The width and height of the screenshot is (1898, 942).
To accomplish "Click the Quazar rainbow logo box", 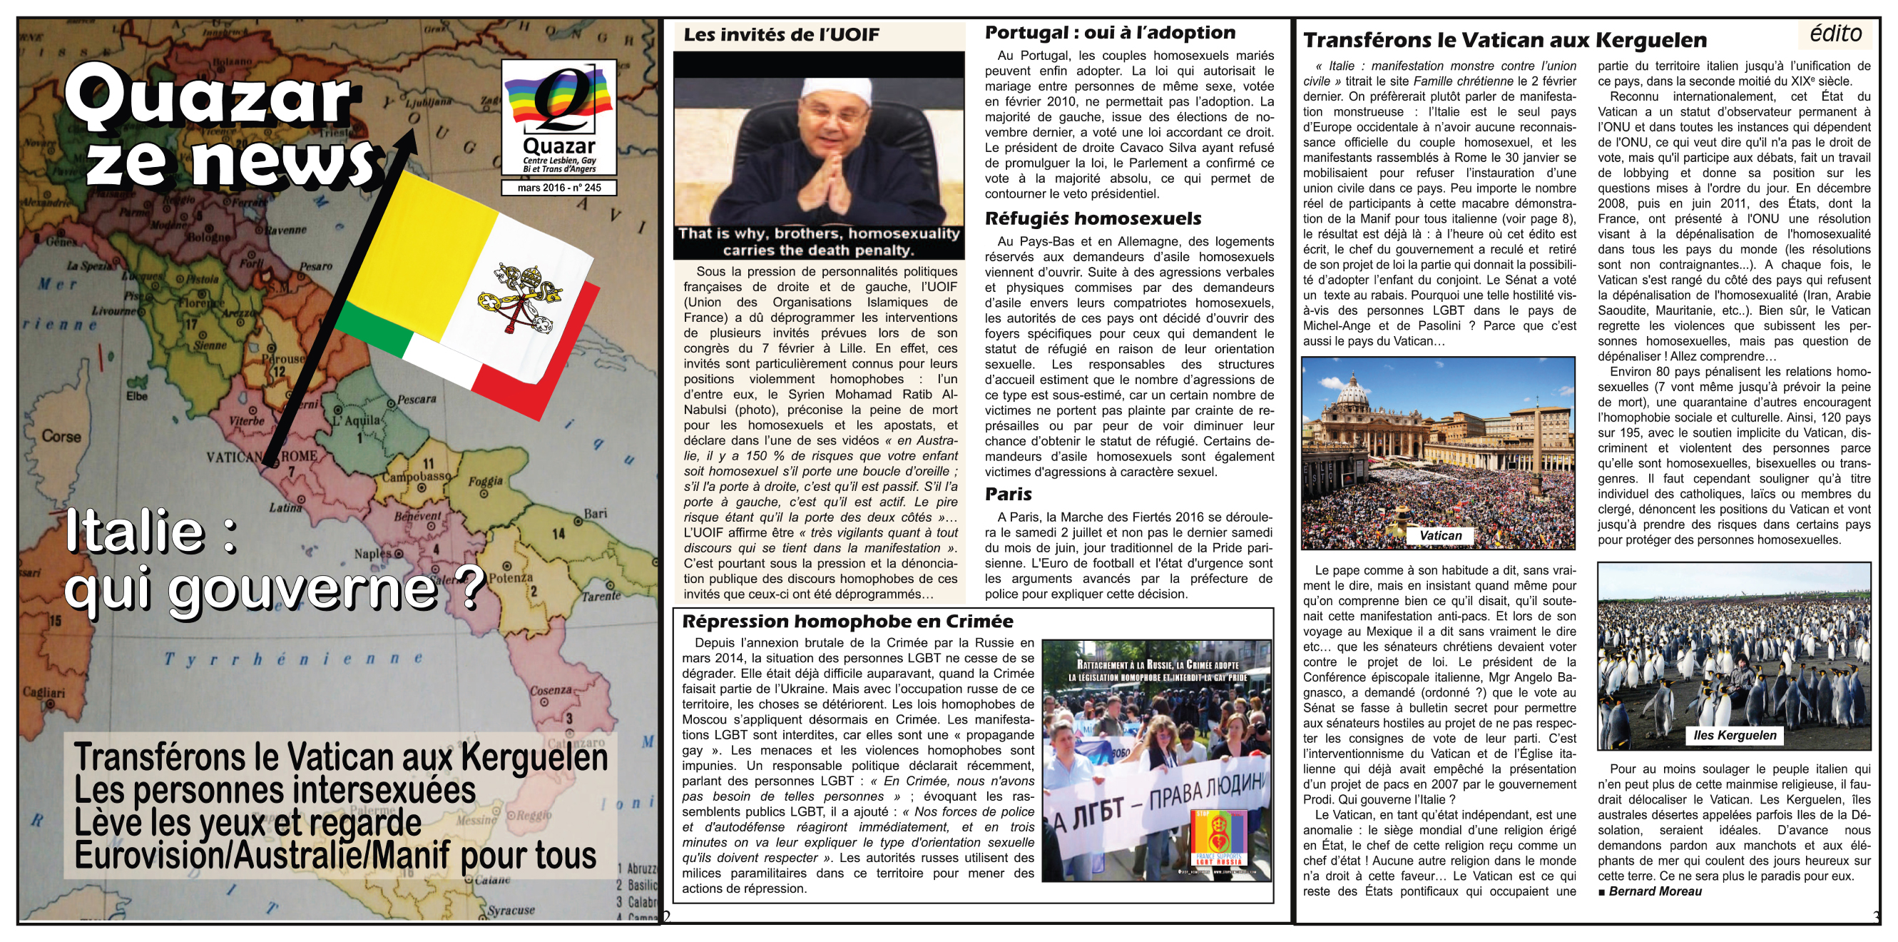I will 558,116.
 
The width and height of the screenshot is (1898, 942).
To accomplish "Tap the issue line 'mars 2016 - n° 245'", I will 558,188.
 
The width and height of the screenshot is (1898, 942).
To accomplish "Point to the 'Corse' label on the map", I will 61,435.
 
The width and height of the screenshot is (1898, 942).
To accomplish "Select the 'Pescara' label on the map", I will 417,400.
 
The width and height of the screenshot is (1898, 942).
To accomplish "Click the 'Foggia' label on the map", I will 486,481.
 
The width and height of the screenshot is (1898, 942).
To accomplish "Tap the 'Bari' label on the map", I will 596,513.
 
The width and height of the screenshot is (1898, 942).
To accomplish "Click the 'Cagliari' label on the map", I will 43,692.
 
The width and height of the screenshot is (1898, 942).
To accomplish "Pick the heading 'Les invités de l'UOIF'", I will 781,35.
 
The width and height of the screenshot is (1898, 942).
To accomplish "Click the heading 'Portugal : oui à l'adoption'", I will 1110,32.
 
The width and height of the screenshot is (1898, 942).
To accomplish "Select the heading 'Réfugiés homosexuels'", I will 1093,219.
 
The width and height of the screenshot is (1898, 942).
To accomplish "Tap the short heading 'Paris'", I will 1008,494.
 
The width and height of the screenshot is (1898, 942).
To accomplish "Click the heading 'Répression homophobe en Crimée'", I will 847,622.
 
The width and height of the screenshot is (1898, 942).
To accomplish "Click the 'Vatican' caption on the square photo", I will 1441,536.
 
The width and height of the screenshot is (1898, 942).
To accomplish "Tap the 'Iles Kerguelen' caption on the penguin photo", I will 1735,735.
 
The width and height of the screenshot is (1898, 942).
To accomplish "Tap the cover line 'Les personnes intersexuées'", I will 274,790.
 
